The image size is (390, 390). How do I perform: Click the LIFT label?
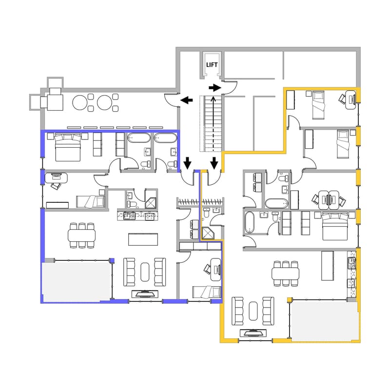point(212,65)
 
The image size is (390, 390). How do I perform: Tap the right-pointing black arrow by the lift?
point(215,88)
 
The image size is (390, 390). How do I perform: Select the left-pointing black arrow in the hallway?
point(187,100)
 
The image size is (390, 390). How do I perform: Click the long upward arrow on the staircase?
point(213,124)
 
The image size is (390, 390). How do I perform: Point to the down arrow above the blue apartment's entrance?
point(188,163)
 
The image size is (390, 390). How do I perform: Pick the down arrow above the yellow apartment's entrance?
point(214,163)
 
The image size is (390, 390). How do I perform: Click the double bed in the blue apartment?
point(68,147)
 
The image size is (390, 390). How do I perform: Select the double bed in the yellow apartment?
point(335,226)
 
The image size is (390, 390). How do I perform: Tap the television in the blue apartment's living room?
point(145,294)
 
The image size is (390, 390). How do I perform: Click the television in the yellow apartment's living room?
point(253,333)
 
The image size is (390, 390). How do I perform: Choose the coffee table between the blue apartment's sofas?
point(145,272)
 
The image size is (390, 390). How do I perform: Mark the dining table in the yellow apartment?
point(286,273)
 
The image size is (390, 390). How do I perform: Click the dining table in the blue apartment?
point(82,235)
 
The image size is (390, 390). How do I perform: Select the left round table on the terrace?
point(80,102)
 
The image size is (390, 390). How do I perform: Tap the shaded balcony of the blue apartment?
point(77,281)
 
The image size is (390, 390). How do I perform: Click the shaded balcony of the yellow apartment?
point(325,321)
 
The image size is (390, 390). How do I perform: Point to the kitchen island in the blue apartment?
point(143,239)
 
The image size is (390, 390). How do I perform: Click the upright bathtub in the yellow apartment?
point(250,222)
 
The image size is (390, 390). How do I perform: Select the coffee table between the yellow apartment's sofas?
point(253,311)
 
